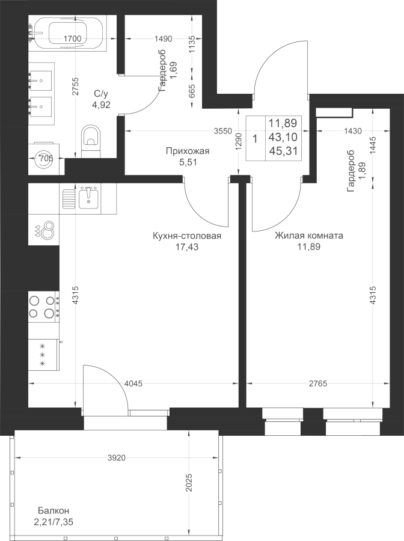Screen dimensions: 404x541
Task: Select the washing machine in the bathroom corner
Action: (x=44, y=158)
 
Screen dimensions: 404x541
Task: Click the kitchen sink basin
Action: (x=89, y=198)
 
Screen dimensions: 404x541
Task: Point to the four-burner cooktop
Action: (x=44, y=307)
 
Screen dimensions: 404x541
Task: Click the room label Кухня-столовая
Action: (x=186, y=236)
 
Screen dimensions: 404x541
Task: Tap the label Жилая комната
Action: (x=309, y=236)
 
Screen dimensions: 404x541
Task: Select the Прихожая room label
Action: (x=188, y=151)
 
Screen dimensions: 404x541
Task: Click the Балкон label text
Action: (x=54, y=510)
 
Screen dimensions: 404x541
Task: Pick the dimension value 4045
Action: (x=133, y=384)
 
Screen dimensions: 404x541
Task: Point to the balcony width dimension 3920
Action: (x=116, y=458)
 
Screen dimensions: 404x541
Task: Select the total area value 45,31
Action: (x=283, y=151)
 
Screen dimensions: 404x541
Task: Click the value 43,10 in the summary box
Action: (x=283, y=137)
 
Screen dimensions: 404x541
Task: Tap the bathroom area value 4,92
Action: (x=101, y=105)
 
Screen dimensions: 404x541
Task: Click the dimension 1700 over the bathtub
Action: (x=73, y=38)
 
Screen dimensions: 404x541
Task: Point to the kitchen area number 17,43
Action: (x=186, y=246)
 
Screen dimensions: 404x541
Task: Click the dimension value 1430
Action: (x=352, y=131)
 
